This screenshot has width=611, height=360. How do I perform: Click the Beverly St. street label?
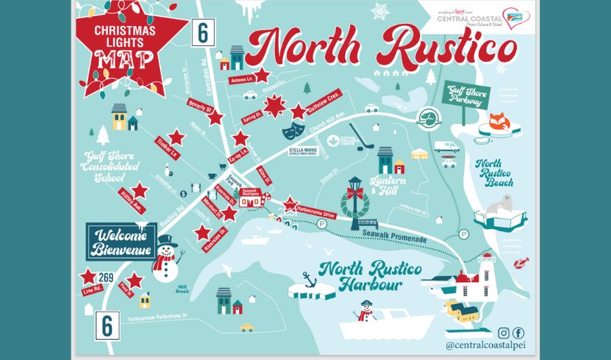(x=198, y=107)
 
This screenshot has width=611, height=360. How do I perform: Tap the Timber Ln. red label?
(x=167, y=149)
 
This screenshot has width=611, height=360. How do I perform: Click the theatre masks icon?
(x=292, y=130)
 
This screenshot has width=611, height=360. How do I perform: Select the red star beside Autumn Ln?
(x=262, y=75)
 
